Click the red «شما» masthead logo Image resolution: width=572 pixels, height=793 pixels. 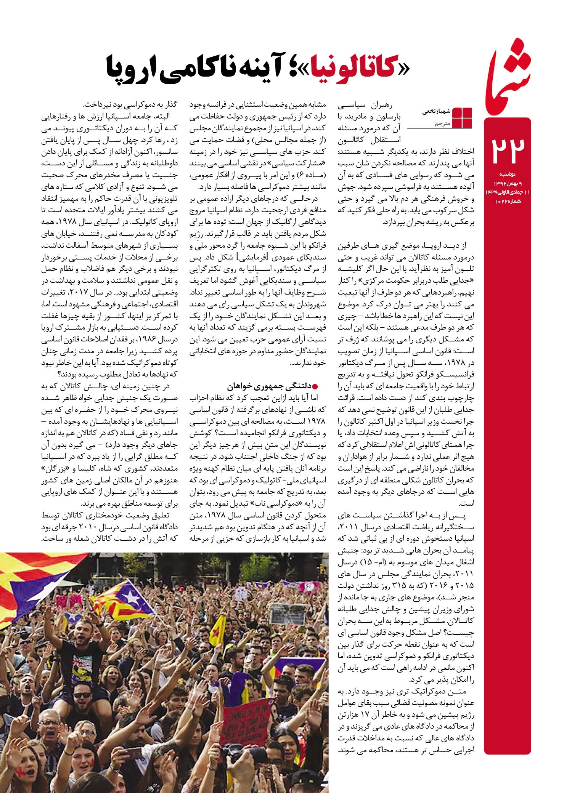point(507,76)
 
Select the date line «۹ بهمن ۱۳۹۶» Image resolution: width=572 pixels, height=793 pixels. point(509,182)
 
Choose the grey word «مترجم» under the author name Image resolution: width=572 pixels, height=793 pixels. point(442,124)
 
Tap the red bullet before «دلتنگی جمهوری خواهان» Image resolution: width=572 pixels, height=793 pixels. point(315,386)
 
